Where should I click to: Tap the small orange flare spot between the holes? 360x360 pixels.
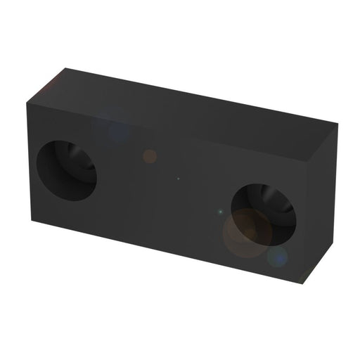click(x=149, y=156)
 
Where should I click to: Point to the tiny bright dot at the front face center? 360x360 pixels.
click(x=178, y=179)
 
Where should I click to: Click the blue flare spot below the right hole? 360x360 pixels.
click(x=279, y=257)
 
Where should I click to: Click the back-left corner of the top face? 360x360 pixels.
click(x=65, y=67)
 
